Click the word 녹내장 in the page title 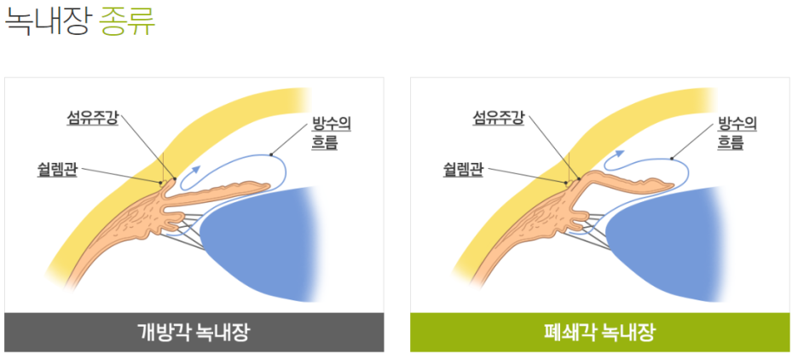(47, 21)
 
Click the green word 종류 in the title (127, 21)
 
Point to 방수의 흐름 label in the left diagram (332, 133)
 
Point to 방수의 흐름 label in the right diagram (737, 133)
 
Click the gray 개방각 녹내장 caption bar (194, 332)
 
